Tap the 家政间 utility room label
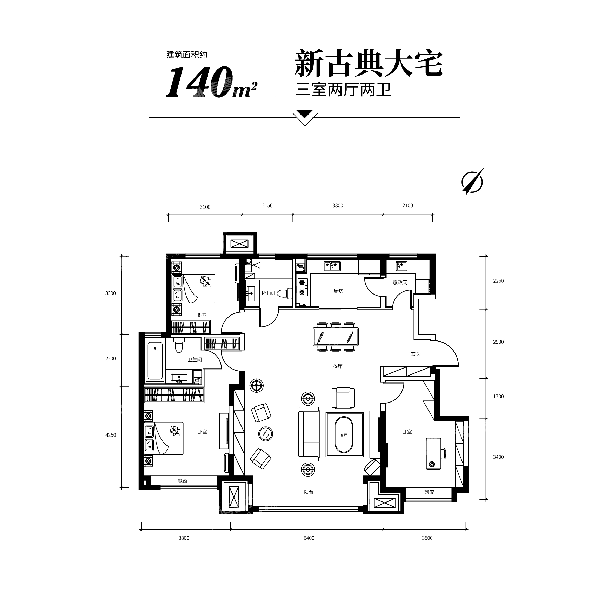click(x=400, y=283)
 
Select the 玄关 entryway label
click(x=416, y=354)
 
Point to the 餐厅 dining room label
click(x=338, y=366)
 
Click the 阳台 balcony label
click(x=309, y=492)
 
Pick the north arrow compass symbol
click(x=473, y=181)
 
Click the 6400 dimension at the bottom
click(x=309, y=538)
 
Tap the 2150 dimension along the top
click(x=267, y=205)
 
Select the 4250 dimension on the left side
click(x=111, y=435)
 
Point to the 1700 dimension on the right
click(x=498, y=397)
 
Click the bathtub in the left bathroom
click(x=155, y=360)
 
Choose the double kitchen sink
click(x=332, y=266)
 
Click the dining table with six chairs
click(x=336, y=337)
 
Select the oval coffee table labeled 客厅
click(x=344, y=435)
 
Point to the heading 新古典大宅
click(x=369, y=63)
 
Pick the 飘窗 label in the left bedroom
click(x=183, y=481)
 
